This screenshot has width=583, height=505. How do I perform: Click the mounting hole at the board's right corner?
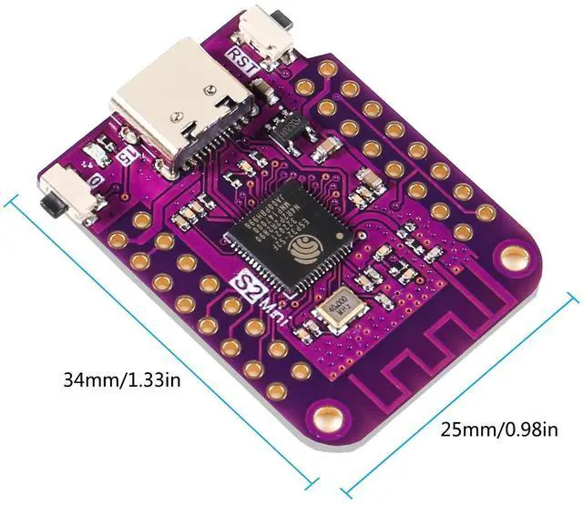tap(515, 256)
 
